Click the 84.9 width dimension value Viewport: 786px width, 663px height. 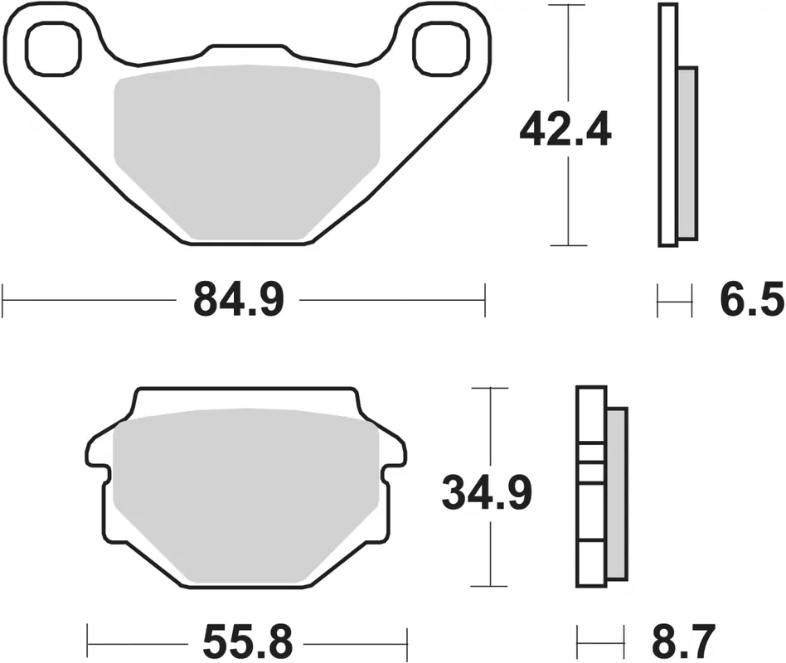click(x=239, y=299)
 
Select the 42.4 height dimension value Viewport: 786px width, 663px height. click(x=565, y=130)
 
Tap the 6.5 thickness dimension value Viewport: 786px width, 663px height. click(x=750, y=299)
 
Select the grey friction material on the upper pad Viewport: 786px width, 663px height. click(x=245, y=153)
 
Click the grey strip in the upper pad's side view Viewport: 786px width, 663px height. click(x=686, y=154)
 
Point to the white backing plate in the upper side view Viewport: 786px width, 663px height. click(x=667, y=124)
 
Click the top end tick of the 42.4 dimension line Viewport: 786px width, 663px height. click(x=568, y=5)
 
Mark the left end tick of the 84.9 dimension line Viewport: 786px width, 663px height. click(x=4, y=299)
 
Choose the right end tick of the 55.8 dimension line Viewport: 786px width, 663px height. click(x=407, y=641)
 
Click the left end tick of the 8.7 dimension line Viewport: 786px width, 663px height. click(x=579, y=641)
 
